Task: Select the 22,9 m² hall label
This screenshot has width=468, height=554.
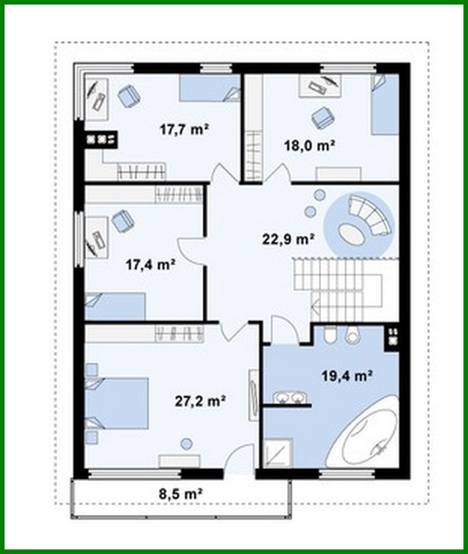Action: tap(288, 239)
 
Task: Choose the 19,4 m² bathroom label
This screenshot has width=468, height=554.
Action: tap(347, 375)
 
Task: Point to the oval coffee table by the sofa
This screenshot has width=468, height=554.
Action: tap(352, 233)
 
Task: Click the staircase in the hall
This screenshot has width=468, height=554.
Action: tap(338, 287)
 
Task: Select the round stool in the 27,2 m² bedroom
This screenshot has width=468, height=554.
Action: tap(186, 444)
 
